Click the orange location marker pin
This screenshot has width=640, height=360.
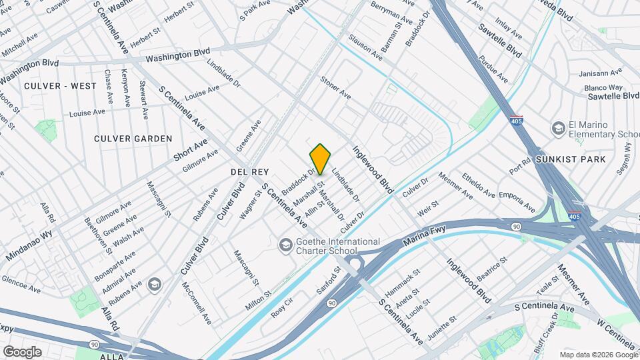321,159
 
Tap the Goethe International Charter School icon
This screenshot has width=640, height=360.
286,246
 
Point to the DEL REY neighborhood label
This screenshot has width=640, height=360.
249,171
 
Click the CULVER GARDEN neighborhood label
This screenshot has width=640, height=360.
133,139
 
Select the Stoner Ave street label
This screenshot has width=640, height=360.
335,88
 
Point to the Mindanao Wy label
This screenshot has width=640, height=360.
29,245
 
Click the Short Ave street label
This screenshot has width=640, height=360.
191,151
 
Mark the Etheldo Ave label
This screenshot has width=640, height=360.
479,186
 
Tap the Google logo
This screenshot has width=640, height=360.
22,351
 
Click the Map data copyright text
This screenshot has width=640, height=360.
599,355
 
